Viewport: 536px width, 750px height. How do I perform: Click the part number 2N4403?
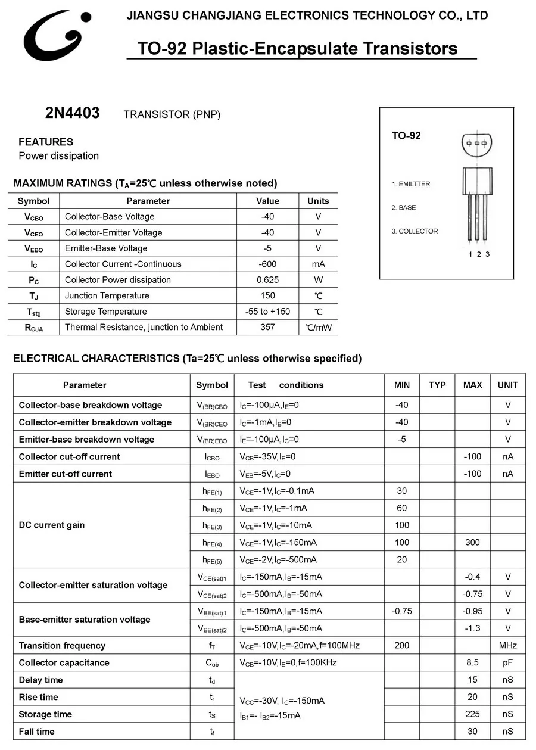click(x=73, y=113)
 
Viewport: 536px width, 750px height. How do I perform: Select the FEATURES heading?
click(x=46, y=142)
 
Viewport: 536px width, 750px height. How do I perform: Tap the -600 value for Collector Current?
click(x=267, y=264)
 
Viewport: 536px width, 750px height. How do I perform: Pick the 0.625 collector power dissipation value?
click(x=267, y=280)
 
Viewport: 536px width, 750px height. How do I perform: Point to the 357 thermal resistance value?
click(x=267, y=327)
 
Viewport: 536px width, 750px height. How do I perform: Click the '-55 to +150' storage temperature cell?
click(x=267, y=312)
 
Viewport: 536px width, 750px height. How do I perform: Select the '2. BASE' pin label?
click(x=404, y=208)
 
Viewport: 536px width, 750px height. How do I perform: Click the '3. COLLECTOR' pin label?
click(x=415, y=231)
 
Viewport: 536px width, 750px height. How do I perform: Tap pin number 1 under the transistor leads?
click(x=470, y=254)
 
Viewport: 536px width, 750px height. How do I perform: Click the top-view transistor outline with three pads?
click(x=477, y=144)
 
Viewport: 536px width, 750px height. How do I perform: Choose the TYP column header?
click(x=437, y=385)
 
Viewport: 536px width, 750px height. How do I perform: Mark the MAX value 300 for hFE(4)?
click(x=472, y=543)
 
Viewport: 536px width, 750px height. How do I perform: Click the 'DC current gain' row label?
click(x=52, y=525)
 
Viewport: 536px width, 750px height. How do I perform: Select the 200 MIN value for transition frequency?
click(x=402, y=646)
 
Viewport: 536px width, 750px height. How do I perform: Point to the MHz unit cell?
click(x=508, y=646)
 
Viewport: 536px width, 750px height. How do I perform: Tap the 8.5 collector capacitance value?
click(x=472, y=662)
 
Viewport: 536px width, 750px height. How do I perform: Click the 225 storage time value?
click(x=472, y=714)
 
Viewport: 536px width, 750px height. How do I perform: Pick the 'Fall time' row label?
click(x=36, y=732)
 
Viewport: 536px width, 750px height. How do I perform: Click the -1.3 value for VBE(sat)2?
click(x=472, y=628)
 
